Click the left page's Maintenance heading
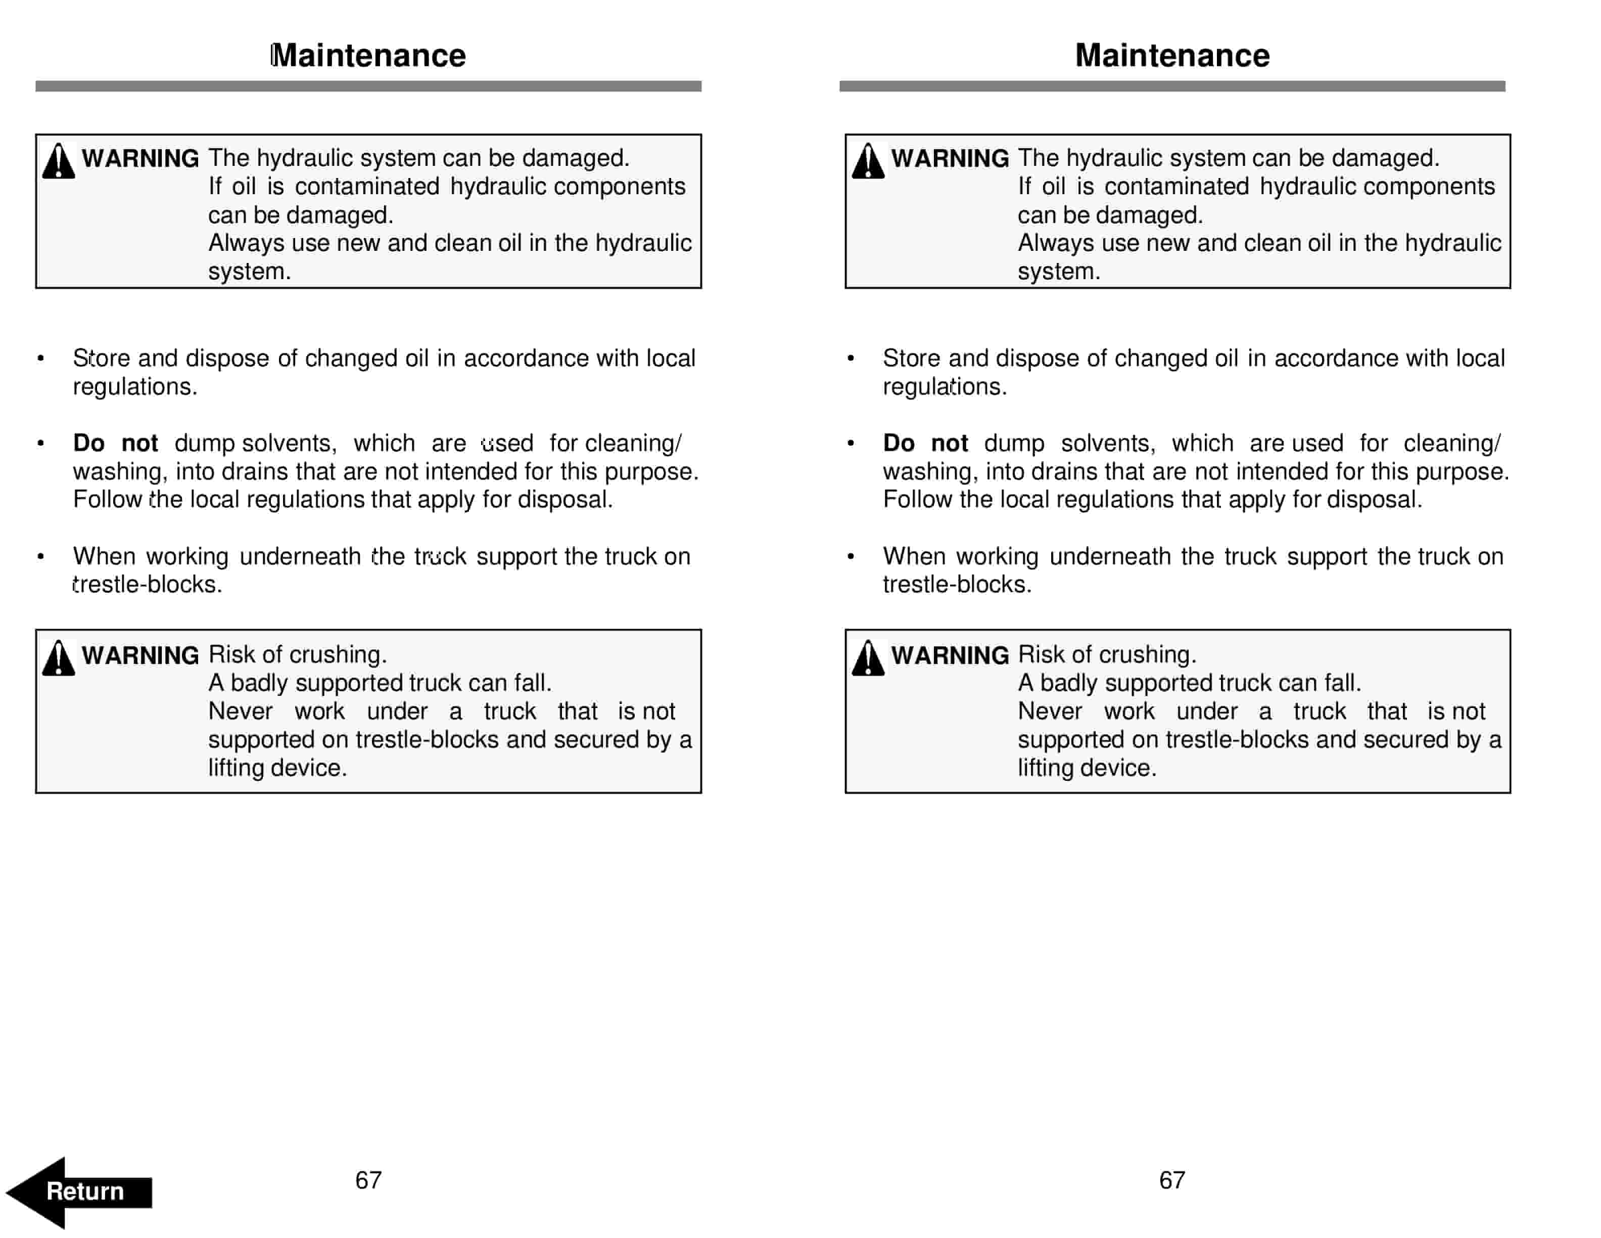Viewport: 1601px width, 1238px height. (x=368, y=56)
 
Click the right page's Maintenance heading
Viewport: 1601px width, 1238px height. (x=1171, y=56)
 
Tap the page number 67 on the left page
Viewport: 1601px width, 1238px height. (x=368, y=1179)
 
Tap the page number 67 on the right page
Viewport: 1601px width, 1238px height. (x=1171, y=1179)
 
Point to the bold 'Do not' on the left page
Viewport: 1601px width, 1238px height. (x=115, y=443)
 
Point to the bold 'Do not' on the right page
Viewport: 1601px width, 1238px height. (x=925, y=443)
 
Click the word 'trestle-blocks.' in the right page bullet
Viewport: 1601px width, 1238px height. (x=957, y=585)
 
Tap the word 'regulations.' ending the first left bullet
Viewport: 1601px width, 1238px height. (x=135, y=386)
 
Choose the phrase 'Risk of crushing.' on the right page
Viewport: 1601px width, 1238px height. (x=1106, y=654)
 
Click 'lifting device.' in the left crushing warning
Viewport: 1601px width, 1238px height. (x=277, y=768)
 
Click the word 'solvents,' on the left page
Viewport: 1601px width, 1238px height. (x=289, y=443)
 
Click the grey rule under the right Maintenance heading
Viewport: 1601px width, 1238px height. (x=1171, y=86)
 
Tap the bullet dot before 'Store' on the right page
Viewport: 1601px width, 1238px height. (x=851, y=359)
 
